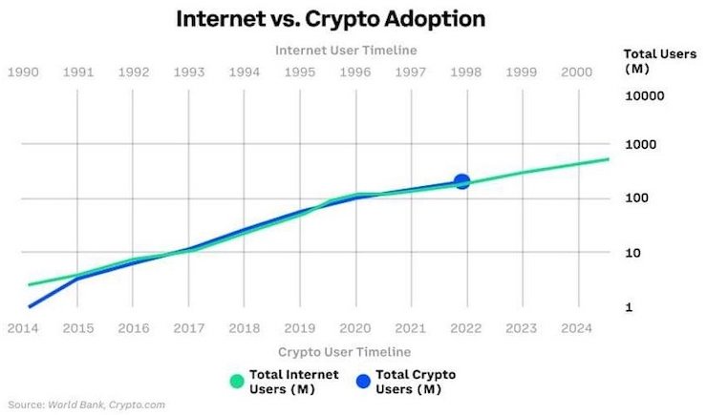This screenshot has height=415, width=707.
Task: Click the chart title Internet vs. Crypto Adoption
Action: click(x=331, y=19)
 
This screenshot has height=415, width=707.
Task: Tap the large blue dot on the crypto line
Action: click(x=462, y=182)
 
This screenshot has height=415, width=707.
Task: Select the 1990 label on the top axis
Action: click(x=23, y=72)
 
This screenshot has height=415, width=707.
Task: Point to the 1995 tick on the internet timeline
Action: click(x=300, y=72)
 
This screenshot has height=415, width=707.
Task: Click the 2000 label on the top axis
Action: click(x=577, y=72)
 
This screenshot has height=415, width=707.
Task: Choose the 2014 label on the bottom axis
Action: click(x=23, y=328)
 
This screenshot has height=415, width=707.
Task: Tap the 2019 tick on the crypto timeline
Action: click(x=300, y=328)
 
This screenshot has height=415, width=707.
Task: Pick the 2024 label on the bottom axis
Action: click(x=577, y=328)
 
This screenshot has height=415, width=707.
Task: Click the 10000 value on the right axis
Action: click(x=644, y=95)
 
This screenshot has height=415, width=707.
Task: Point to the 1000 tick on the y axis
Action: click(x=640, y=144)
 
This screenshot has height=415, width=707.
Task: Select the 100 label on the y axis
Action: click(x=636, y=197)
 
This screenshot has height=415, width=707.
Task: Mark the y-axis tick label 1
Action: click(x=629, y=307)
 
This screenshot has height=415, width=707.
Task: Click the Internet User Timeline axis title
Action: click(x=346, y=50)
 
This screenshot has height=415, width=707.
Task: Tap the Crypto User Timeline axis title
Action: click(x=345, y=351)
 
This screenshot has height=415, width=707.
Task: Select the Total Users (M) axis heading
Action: click(x=659, y=61)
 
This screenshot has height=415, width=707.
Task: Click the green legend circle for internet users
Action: click(x=237, y=382)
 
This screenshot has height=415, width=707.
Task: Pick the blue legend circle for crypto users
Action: click(x=363, y=382)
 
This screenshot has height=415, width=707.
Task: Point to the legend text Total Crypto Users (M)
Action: click(x=416, y=382)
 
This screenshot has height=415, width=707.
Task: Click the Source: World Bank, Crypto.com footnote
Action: click(x=87, y=405)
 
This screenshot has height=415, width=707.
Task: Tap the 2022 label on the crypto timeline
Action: click(x=466, y=328)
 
